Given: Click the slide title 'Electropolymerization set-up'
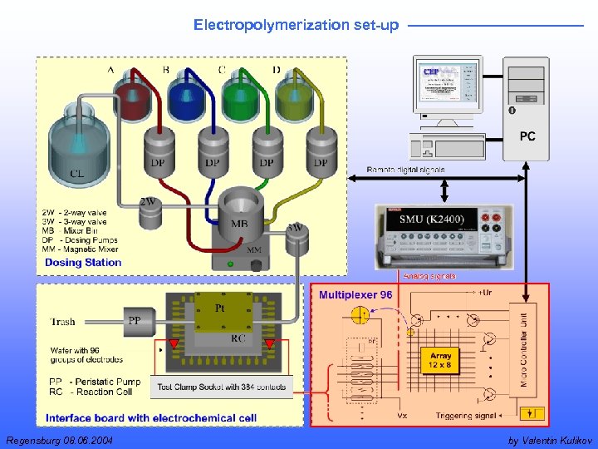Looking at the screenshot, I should click(296, 25).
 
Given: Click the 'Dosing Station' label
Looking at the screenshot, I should click(83, 263).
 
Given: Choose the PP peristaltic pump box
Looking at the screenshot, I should click(135, 319).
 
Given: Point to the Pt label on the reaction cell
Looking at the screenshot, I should click(220, 308).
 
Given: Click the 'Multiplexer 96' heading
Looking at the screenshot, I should click(355, 295).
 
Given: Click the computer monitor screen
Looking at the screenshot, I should click(447, 83).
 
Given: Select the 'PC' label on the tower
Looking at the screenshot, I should click(527, 136).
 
